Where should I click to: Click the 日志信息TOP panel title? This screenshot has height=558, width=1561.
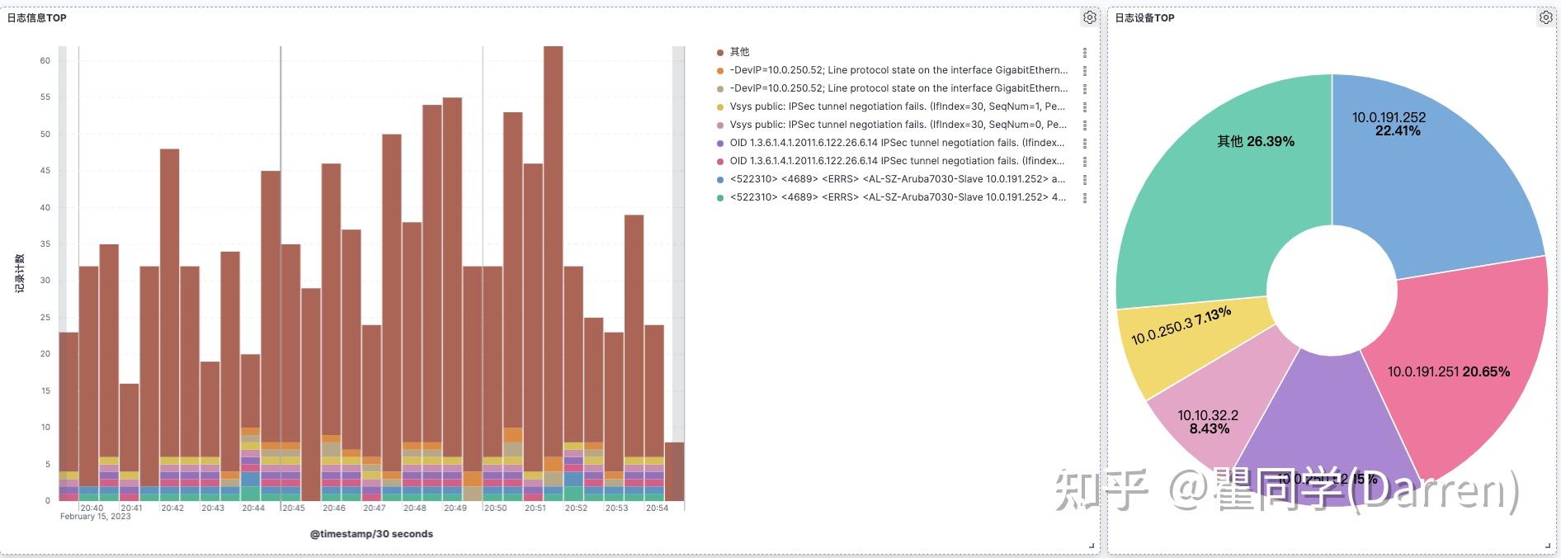[x=37, y=17]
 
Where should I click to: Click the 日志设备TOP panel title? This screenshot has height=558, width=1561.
[x=1144, y=17]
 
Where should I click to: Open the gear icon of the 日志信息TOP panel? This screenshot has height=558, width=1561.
[x=1089, y=17]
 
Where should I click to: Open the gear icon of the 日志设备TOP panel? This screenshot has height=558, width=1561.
[x=1545, y=17]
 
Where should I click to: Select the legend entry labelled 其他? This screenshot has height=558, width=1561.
[x=739, y=52]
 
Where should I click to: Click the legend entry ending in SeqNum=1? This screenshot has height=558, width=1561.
[x=897, y=106]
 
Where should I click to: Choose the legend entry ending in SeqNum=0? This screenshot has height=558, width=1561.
[x=897, y=125]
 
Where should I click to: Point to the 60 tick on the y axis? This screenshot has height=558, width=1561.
[x=45, y=60]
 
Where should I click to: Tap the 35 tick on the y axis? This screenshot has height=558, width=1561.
[x=45, y=244]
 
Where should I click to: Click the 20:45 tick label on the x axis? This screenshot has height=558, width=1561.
[x=294, y=508]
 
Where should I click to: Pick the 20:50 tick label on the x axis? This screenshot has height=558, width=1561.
[x=496, y=508]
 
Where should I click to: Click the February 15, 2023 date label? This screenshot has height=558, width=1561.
[x=96, y=517]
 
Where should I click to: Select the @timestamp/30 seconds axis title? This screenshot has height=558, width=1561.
[x=371, y=534]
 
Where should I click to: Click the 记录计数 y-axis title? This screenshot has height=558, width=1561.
[x=20, y=273]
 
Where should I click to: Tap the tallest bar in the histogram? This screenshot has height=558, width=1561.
[x=553, y=248]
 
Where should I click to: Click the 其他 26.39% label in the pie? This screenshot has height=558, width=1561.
[x=1256, y=141]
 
